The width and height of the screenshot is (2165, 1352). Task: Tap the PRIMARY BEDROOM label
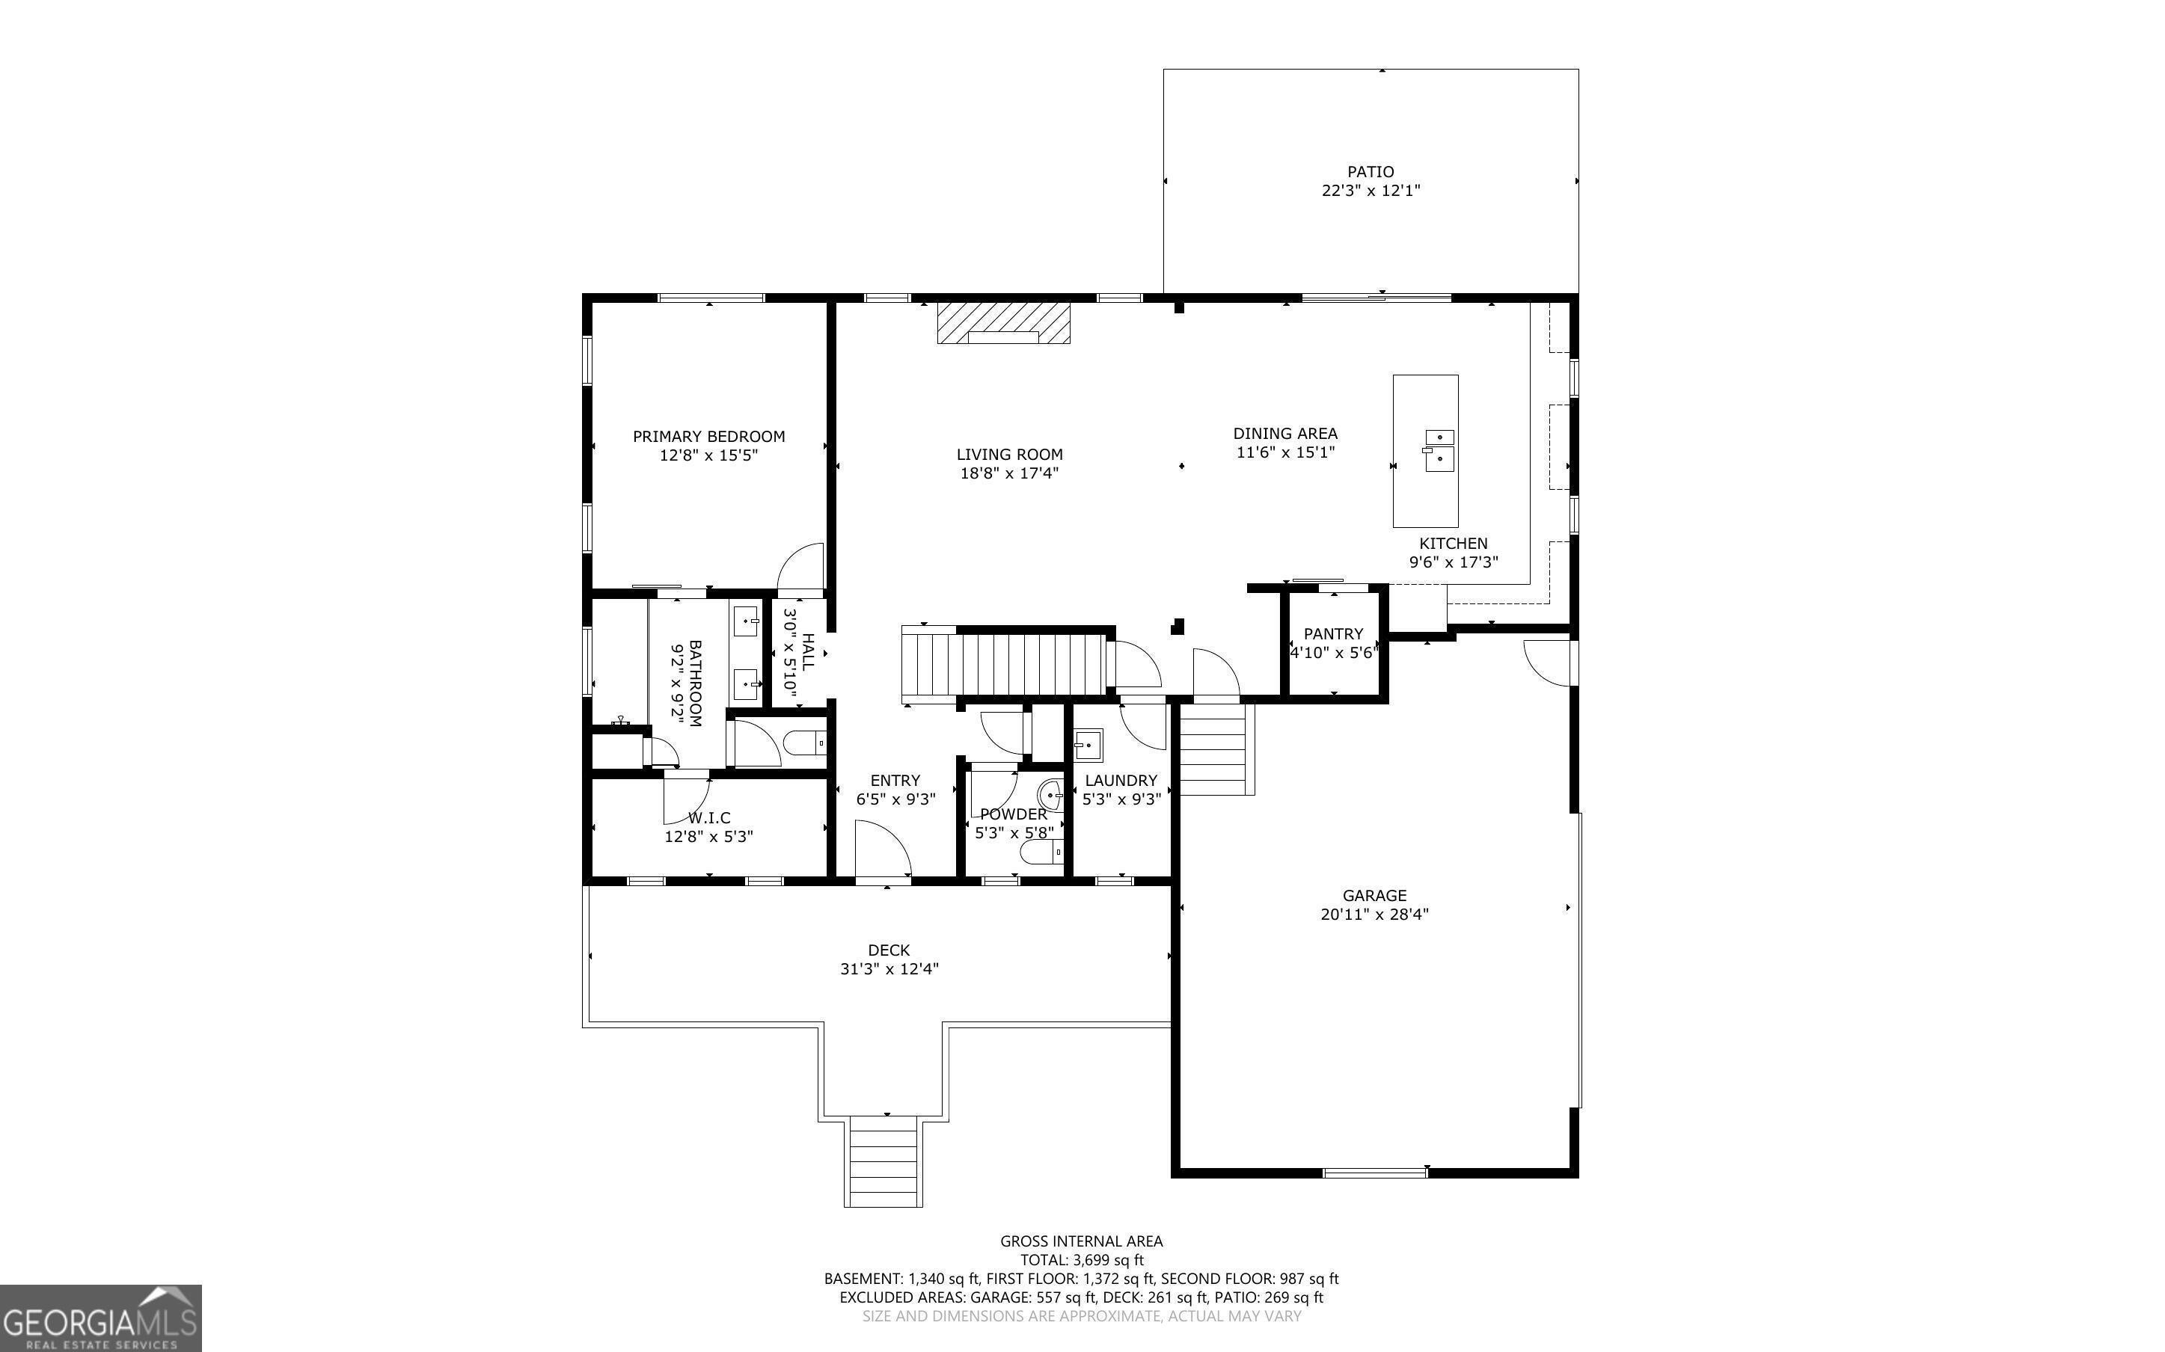709,437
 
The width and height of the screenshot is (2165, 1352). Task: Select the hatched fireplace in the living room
1003,323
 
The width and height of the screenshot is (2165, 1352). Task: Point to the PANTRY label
1333,634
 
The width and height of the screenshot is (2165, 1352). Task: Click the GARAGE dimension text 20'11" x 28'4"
1374,914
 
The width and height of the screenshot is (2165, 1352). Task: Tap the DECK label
889,950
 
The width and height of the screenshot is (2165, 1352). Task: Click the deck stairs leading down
884,1161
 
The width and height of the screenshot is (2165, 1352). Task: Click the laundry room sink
1088,744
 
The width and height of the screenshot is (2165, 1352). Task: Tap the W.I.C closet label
709,817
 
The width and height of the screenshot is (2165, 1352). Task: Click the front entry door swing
884,851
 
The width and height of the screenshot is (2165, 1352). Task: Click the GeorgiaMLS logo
100,1318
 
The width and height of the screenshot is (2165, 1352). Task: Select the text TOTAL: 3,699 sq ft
1082,1261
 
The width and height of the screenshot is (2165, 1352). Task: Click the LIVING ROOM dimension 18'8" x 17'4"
1010,473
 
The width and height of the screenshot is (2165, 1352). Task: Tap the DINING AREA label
1286,434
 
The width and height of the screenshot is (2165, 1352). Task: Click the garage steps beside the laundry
1213,749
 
